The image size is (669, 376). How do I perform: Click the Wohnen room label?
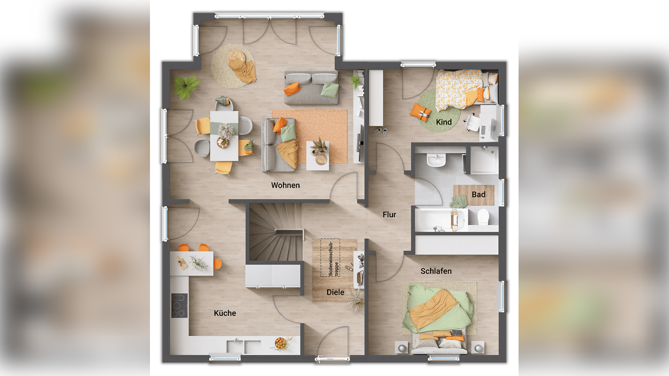coord(285,185)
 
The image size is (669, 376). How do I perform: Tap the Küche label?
coord(225,313)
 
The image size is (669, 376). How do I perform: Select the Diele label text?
coord(335,292)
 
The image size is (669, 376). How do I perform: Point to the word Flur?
coord(389,214)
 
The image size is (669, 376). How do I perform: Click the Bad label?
coord(479,195)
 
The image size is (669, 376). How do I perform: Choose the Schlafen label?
coord(436,271)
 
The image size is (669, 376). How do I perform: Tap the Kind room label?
coord(444,122)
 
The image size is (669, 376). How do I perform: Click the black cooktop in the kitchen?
coord(180,305)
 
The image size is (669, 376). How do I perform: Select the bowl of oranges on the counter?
coord(281,344)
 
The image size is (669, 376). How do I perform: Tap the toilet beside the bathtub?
coord(483,217)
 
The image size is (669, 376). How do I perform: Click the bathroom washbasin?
coord(436,160)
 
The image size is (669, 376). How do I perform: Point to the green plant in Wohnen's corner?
coord(186,86)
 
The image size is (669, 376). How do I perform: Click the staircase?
coord(275,232)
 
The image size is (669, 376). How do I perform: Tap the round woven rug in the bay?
coord(233,66)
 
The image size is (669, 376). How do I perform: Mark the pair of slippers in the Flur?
coord(381,132)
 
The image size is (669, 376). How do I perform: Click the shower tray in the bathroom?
coord(484,160)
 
